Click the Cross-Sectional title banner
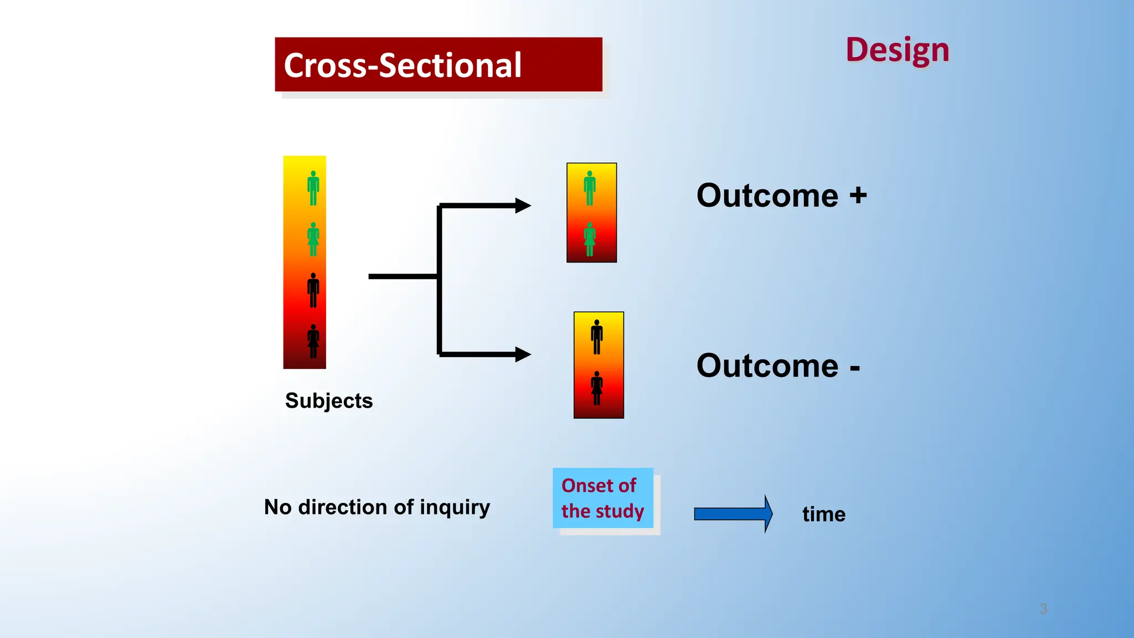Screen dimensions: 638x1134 point(438,64)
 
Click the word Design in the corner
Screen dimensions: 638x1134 point(897,50)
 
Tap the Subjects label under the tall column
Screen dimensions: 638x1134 point(329,400)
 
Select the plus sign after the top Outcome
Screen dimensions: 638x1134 point(858,195)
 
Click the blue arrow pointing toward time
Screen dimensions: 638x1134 point(733,514)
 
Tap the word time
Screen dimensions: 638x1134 point(823,514)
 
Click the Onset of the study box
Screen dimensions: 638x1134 point(602,498)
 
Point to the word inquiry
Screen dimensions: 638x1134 point(455,507)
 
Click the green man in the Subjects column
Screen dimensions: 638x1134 point(313,188)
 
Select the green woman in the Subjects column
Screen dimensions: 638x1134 point(313,239)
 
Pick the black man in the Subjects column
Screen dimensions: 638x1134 point(313,290)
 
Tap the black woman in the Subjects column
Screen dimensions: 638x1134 point(313,341)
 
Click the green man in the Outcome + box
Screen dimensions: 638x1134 point(590,188)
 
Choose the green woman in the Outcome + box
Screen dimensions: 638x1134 point(590,239)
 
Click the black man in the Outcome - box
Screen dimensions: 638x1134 point(597,337)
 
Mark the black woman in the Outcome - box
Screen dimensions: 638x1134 point(597,388)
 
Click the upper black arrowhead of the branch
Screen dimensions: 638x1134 point(522,205)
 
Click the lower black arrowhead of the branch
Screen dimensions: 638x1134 point(522,354)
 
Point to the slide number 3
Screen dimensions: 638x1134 point(1043,609)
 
